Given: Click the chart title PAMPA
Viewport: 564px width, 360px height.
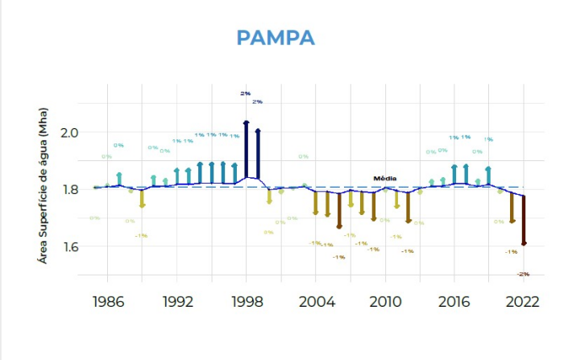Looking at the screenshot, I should (x=276, y=38).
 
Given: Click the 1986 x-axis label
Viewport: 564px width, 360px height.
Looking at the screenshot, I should (x=107, y=303).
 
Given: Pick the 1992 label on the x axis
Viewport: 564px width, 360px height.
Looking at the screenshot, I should (x=176, y=303).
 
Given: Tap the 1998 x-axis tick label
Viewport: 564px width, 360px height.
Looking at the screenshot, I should (x=247, y=303).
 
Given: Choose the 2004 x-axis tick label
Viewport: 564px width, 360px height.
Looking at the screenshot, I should (x=316, y=303).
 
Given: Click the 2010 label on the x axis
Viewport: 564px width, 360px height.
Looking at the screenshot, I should (x=385, y=303).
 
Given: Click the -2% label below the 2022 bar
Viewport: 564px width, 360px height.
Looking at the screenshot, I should (x=523, y=274).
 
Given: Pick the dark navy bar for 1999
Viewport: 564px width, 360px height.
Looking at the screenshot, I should (x=258, y=153).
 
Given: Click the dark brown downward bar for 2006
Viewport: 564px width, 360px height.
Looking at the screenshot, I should (x=339, y=211).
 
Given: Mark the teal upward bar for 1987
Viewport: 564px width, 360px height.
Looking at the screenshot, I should (x=119, y=180).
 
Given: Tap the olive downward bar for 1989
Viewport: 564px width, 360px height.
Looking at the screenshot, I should (x=142, y=198).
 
